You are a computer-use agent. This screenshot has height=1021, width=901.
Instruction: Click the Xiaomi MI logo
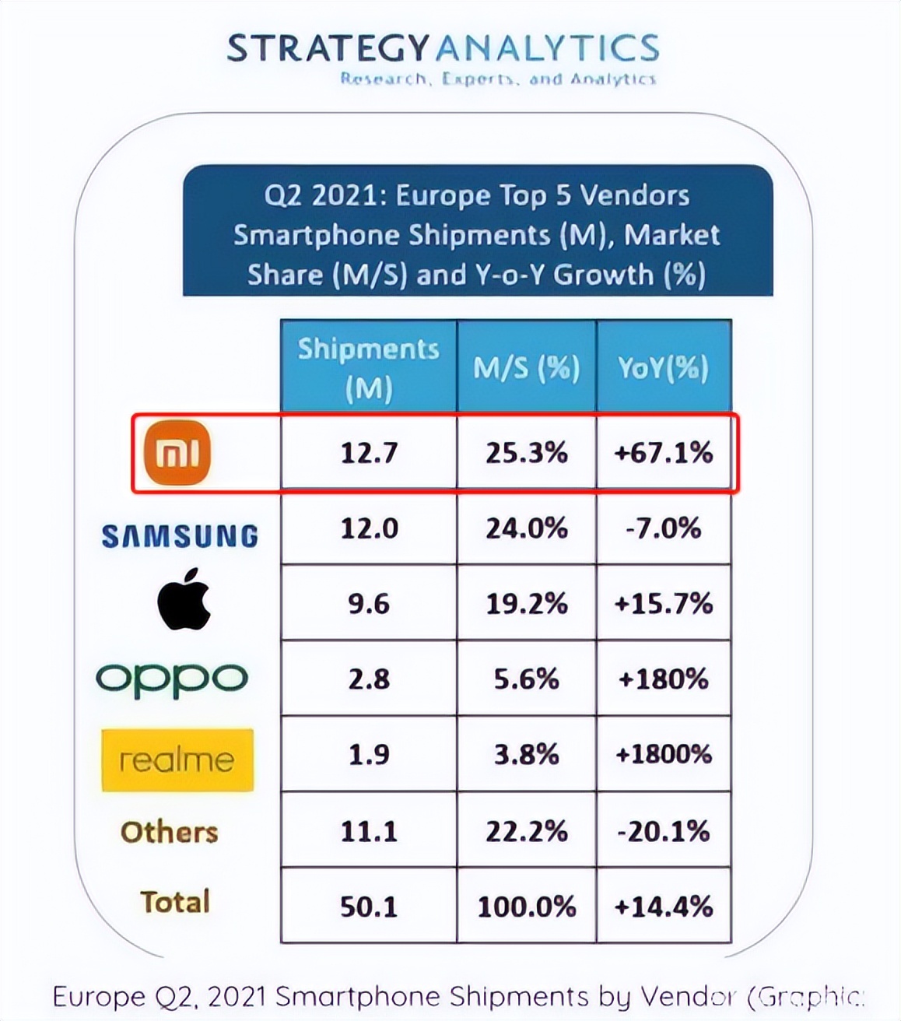pyautogui.click(x=178, y=453)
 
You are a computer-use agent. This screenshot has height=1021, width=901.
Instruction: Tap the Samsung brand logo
pyautogui.click(x=180, y=535)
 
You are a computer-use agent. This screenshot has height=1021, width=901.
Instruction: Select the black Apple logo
pyautogui.click(x=184, y=598)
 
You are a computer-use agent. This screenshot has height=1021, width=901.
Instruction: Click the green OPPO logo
pyautogui.click(x=172, y=680)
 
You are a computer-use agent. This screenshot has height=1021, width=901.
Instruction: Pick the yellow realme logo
pyautogui.click(x=177, y=760)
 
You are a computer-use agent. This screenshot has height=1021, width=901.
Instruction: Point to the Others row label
pyautogui.click(x=170, y=832)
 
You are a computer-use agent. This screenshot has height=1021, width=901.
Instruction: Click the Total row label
pyautogui.click(x=175, y=902)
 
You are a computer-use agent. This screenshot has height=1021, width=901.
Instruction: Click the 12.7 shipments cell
pyautogui.click(x=369, y=452)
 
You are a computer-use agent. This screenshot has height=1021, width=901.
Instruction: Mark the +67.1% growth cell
pyautogui.click(x=664, y=452)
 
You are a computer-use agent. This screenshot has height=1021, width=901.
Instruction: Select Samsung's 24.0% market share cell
pyautogui.click(x=527, y=528)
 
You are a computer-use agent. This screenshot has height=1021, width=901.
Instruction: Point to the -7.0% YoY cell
pyautogui.click(x=664, y=528)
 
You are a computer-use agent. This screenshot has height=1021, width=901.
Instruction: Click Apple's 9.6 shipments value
pyautogui.click(x=369, y=604)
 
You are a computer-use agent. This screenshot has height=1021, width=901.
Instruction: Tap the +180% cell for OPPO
pyautogui.click(x=664, y=679)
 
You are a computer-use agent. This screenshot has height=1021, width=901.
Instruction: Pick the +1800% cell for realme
pyautogui.click(x=664, y=754)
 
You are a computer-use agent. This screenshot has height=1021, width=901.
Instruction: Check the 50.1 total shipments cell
pyautogui.click(x=369, y=907)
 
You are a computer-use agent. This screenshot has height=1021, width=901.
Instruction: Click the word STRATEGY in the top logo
pyautogui.click(x=328, y=48)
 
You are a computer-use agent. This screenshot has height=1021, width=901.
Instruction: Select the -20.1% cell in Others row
pyautogui.click(x=664, y=831)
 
